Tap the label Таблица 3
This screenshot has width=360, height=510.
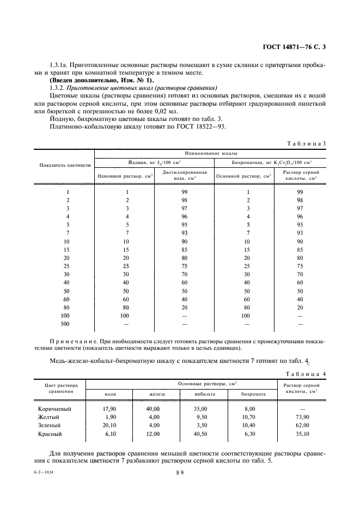pyautogui.click(x=306, y=143)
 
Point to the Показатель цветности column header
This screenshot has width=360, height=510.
pyautogui.click(x=65, y=165)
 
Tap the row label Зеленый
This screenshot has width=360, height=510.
pyautogui.click(x=49, y=425)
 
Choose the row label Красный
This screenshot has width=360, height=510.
pyautogui.click(x=50, y=434)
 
